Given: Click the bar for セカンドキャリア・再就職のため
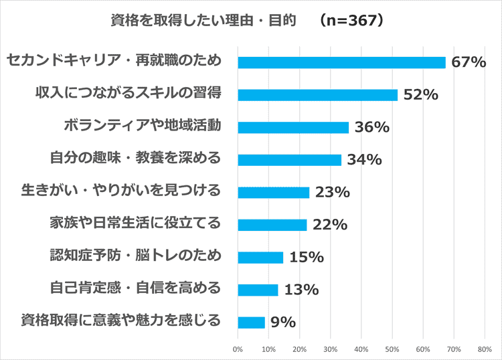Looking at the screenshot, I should point(341,62).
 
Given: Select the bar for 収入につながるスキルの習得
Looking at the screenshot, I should point(318,95).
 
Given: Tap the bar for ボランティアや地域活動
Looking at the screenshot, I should point(293,127).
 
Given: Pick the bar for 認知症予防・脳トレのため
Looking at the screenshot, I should point(260,257).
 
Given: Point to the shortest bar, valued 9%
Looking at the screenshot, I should point(252,322).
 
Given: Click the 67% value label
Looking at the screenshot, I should point(468,62).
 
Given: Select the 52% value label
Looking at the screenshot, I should point(420,95).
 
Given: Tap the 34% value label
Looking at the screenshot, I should point(364,160).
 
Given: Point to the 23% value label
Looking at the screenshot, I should point(332,193).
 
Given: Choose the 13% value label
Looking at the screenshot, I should point(301,290).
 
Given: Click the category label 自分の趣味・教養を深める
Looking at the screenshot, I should point(135,159).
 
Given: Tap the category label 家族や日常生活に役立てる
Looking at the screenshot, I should point(135,223).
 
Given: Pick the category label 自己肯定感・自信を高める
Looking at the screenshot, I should point(135,288).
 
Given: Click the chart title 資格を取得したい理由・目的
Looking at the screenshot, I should point(203,21).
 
